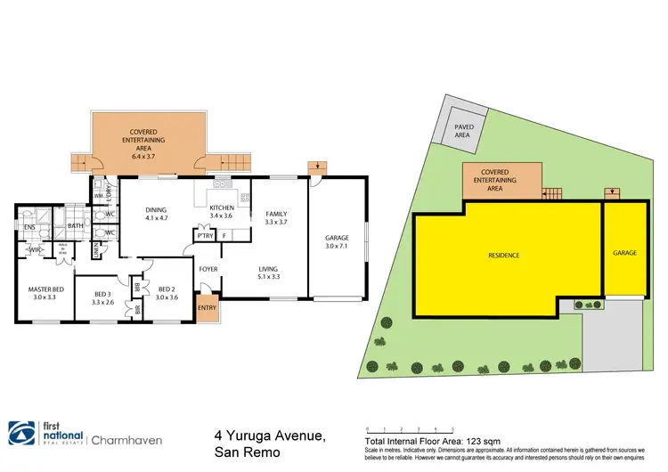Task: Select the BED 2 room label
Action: (x=167, y=289)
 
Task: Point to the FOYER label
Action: (x=208, y=268)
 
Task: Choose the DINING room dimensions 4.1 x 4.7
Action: (x=157, y=217)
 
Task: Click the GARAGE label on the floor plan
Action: (x=337, y=238)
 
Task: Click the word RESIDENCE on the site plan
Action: (x=503, y=256)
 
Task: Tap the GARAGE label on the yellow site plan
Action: (x=624, y=253)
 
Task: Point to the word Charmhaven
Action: (x=128, y=437)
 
